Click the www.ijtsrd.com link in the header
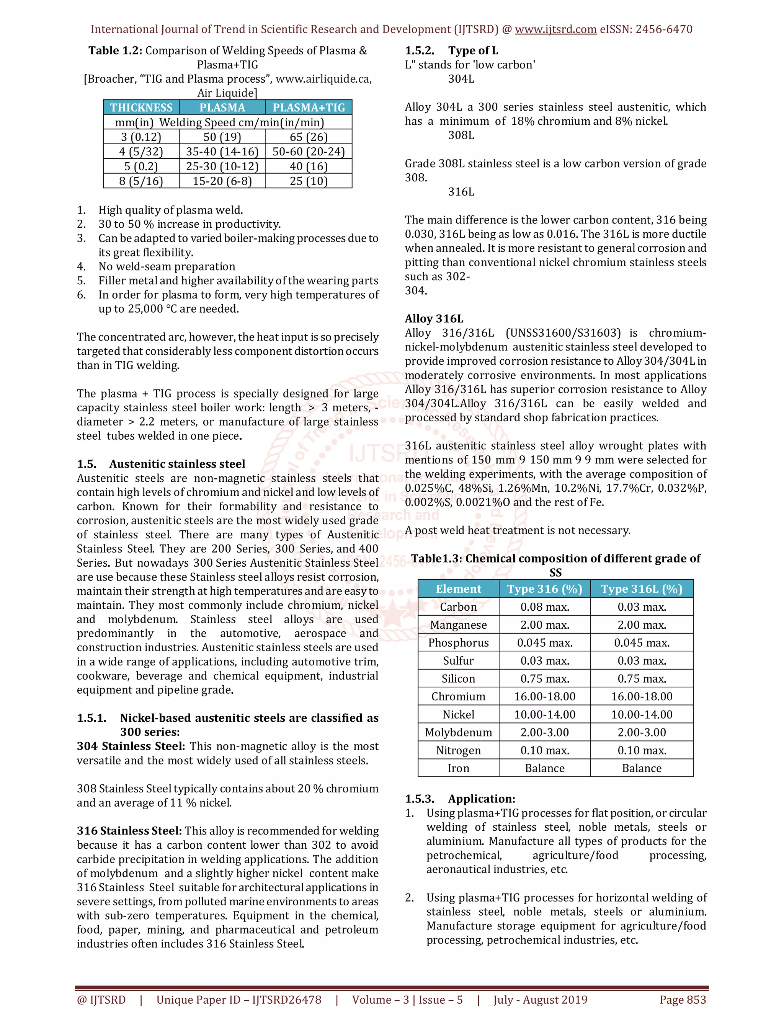click(x=555, y=29)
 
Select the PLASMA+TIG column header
click(x=309, y=108)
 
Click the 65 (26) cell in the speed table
click(x=309, y=137)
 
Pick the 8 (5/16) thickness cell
click(x=141, y=181)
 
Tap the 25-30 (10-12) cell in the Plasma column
click(x=222, y=166)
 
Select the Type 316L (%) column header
click(x=642, y=589)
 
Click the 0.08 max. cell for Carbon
click(x=544, y=607)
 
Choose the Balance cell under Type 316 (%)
click(x=544, y=768)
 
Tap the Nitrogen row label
click(x=458, y=750)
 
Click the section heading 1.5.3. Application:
click(x=460, y=799)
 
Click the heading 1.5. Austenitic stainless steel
click(x=161, y=464)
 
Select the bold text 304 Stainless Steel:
click(x=131, y=746)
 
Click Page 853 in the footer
click(x=682, y=999)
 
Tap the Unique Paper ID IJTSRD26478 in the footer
click(x=239, y=999)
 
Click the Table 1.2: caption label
click(x=115, y=51)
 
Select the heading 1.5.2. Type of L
click(x=451, y=51)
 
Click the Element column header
click(x=458, y=589)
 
